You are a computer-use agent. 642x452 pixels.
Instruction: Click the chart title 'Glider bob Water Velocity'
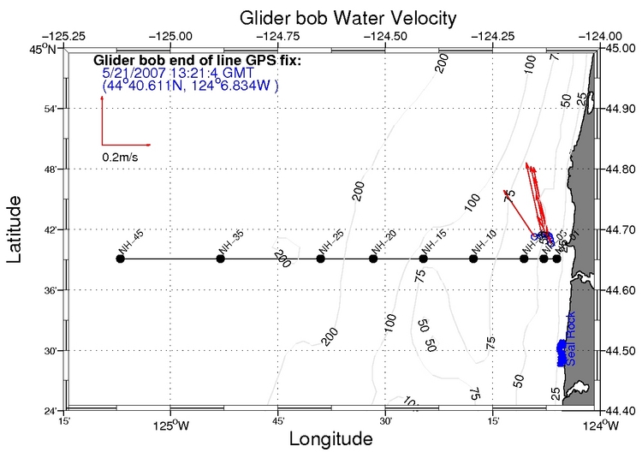pos(324,17)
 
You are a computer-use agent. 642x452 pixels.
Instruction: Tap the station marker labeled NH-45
pos(120,258)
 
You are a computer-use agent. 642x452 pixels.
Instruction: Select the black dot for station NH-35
pos(220,258)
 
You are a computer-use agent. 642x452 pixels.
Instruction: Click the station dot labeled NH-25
pos(321,258)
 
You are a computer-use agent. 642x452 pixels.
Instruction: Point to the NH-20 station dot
pos(373,258)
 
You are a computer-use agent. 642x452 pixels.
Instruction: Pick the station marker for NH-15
pos(424,258)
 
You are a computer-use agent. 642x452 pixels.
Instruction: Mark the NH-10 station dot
pos(473,258)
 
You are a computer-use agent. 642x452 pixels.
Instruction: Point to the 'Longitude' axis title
pos(330,439)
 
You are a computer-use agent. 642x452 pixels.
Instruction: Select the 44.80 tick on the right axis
pos(621,169)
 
